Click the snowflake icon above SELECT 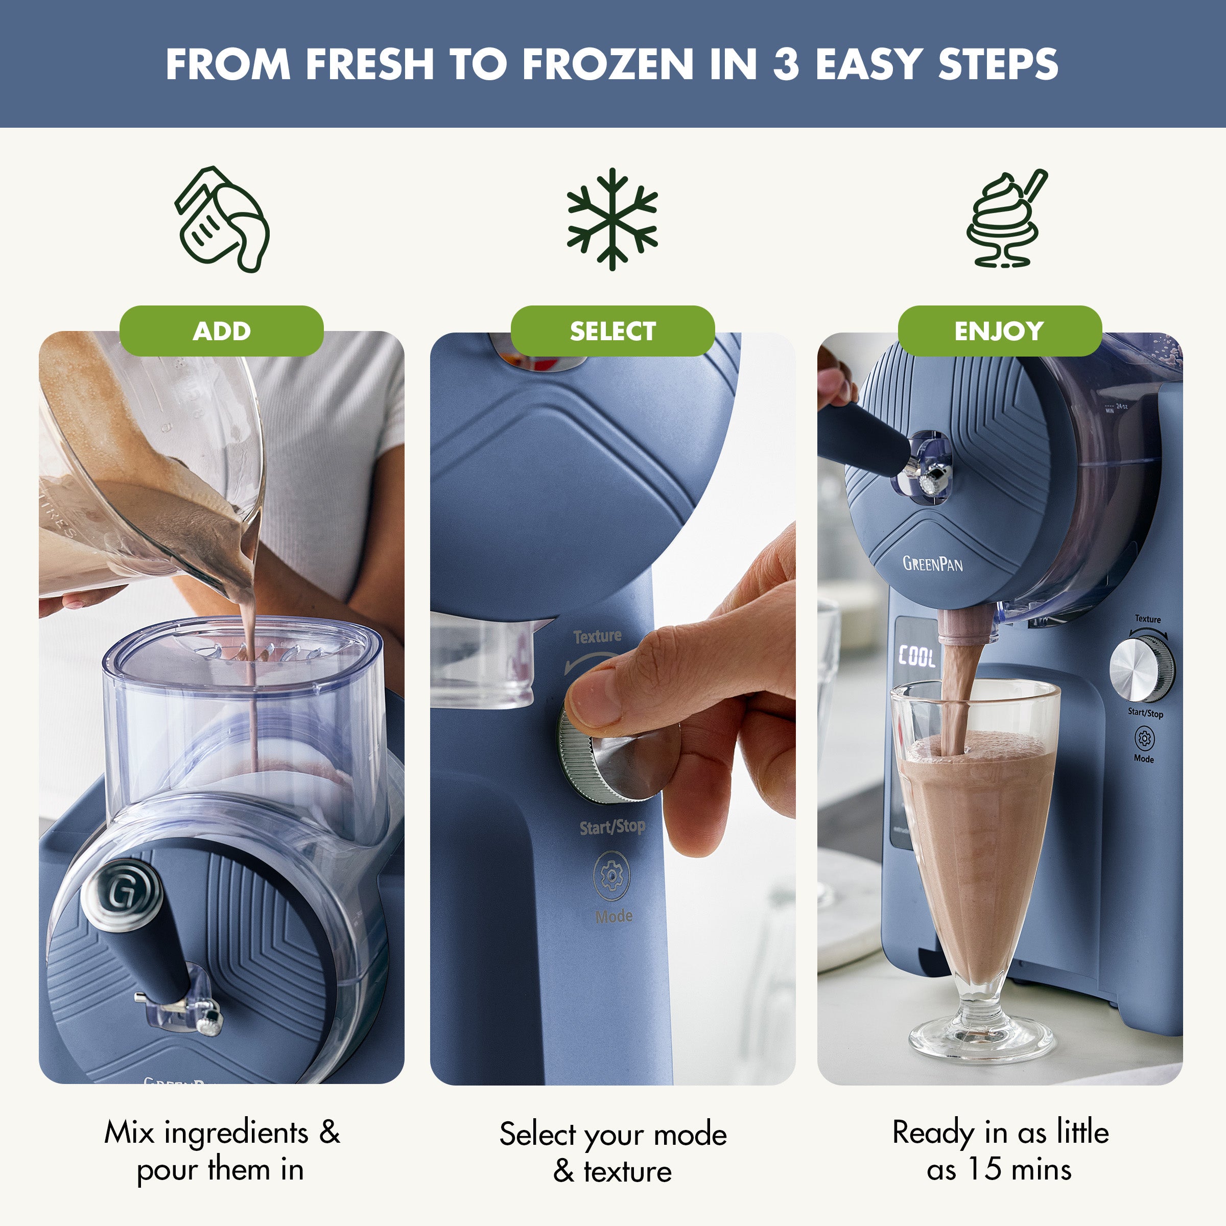(612, 219)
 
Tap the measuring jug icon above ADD (222, 220)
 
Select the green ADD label (222, 331)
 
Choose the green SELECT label (612, 331)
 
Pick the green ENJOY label (1000, 331)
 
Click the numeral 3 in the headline (786, 64)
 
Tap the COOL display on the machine (916, 656)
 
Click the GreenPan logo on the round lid (932, 563)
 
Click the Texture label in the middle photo (597, 636)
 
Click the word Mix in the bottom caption (129, 1133)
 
